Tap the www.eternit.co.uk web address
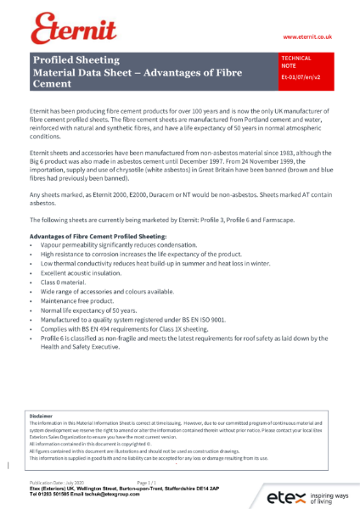click(x=307, y=37)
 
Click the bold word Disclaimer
click(x=41, y=417)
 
